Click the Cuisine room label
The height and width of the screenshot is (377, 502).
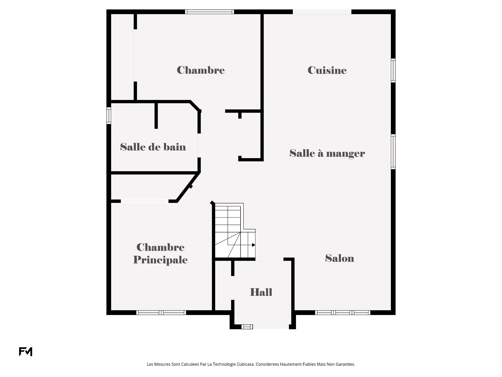(x=327, y=70)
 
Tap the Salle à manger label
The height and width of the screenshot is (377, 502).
(x=327, y=153)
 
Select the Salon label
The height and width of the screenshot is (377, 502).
(x=339, y=258)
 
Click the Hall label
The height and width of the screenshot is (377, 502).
(x=261, y=292)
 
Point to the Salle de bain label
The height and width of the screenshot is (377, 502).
(x=153, y=147)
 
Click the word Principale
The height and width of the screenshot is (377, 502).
(x=160, y=260)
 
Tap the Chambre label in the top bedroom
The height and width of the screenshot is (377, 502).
(x=201, y=70)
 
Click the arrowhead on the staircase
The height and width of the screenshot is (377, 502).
(x=253, y=245)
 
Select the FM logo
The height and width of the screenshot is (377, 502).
(x=26, y=352)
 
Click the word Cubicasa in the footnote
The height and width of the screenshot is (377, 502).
(x=245, y=364)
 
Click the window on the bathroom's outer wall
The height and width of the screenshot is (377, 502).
(x=109, y=115)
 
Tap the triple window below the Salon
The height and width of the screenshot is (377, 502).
(x=343, y=313)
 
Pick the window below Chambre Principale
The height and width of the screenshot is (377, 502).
(x=161, y=313)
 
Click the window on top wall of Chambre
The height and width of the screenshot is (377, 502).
(x=209, y=12)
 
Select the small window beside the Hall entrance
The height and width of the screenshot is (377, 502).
(x=247, y=327)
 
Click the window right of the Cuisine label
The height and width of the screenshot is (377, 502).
(x=393, y=70)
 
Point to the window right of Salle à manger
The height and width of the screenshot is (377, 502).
(x=393, y=152)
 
